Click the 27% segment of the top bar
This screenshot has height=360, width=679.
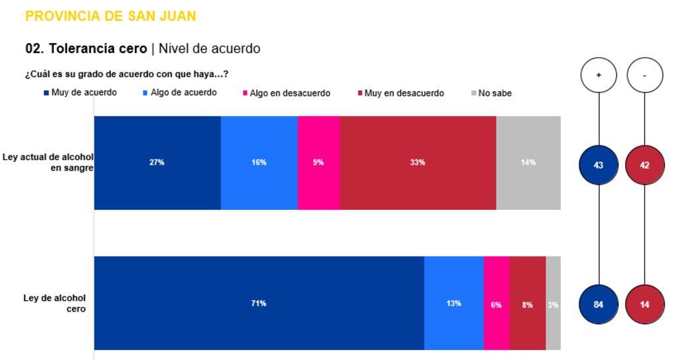[157, 163]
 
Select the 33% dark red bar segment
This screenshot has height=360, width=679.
[417, 163]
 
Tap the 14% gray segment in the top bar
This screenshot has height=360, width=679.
[528, 163]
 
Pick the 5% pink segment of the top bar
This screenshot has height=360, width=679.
[319, 163]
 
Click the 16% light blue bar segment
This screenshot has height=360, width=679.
[259, 163]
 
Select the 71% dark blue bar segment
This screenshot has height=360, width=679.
[259, 303]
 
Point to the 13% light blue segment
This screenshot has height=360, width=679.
[454, 303]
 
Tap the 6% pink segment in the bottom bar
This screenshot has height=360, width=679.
[496, 303]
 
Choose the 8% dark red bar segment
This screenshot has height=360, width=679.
[528, 303]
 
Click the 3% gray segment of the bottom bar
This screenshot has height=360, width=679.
[553, 303]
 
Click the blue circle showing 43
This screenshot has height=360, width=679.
[599, 165]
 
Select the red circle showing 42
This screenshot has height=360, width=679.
[644, 165]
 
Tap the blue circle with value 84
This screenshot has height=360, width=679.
[599, 304]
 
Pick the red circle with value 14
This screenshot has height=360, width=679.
[644, 304]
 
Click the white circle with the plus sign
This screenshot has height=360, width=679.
[599, 75]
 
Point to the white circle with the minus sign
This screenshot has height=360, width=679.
[644, 75]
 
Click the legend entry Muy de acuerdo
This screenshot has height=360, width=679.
[80, 93]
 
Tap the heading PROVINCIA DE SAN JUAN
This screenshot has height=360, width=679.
[110, 16]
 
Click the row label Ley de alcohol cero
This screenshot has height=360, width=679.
[54, 303]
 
